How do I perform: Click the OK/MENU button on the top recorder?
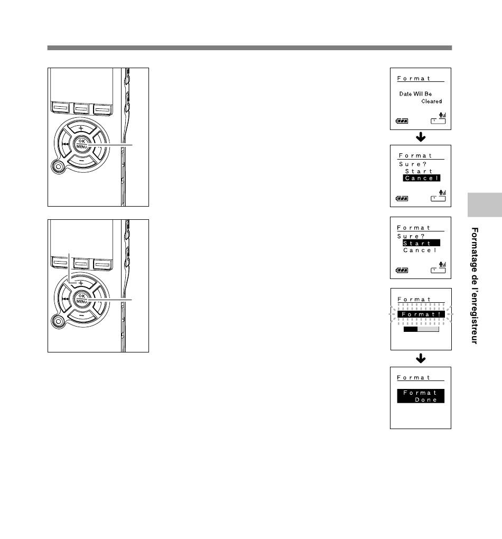(81, 144)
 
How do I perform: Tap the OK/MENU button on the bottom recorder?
(81, 299)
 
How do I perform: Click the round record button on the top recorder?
(58, 166)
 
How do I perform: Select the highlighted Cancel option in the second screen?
(422, 178)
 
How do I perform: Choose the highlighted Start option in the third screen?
(421, 243)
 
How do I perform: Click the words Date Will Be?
(415, 94)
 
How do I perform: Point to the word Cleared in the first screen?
(432, 101)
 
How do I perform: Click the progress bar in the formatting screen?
(421, 329)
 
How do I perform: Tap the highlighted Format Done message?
(421, 396)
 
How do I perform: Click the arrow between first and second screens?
(421, 137)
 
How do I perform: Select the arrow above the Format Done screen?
(421, 358)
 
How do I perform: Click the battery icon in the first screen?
(402, 121)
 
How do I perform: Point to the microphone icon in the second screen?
(442, 193)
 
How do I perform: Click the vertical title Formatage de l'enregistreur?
(475, 285)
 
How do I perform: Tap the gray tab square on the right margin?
(485, 205)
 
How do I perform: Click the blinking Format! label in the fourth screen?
(421, 314)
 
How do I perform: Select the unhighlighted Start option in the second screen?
(419, 171)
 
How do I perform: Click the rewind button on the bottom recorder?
(64, 299)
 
